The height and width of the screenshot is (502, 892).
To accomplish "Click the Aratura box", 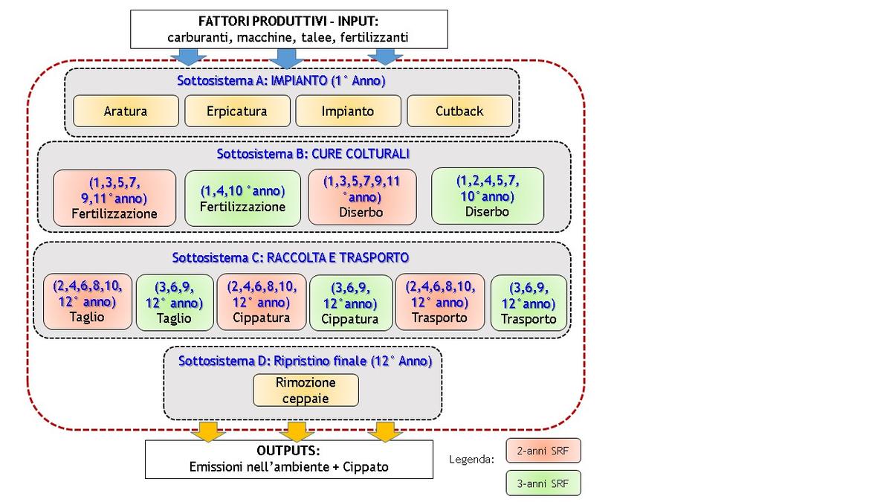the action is click(x=126, y=111).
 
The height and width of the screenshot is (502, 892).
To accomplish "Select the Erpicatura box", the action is click(x=237, y=111).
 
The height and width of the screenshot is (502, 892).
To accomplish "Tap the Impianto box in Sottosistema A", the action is click(x=348, y=111).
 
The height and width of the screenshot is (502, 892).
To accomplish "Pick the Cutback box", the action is click(x=459, y=111).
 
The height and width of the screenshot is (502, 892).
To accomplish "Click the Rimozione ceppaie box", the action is click(x=306, y=390).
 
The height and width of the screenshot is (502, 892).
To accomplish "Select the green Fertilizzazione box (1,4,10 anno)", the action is click(x=242, y=199).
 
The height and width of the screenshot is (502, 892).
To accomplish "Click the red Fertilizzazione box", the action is click(x=114, y=198).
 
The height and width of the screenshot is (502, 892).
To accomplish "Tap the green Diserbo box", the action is click(x=488, y=196).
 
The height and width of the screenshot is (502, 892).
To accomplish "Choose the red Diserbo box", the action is click(x=362, y=197).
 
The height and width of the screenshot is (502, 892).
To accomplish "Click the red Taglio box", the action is click(x=88, y=302).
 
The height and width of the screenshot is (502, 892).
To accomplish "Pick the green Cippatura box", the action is click(x=351, y=303).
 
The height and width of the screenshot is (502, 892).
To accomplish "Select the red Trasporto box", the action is click(x=440, y=302).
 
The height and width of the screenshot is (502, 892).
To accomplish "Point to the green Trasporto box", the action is click(x=529, y=303).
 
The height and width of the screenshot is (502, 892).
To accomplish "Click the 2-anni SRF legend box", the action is click(x=543, y=451).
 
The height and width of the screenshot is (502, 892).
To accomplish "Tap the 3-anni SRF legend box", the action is click(x=543, y=483).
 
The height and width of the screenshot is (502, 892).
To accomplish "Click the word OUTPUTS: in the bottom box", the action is click(x=288, y=451).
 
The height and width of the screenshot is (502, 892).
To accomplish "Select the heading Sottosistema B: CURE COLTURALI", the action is click(x=313, y=154).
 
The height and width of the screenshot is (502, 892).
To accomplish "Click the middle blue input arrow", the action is click(x=286, y=59).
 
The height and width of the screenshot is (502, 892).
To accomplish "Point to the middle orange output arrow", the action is click(x=297, y=432).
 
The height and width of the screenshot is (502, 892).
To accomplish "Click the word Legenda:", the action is click(x=471, y=460).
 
